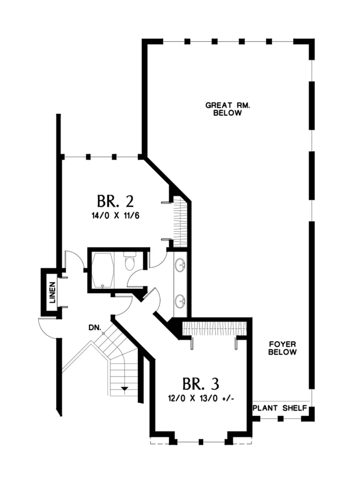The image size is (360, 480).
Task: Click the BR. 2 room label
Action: coord(115,202)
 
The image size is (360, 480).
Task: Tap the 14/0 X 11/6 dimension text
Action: coord(115,216)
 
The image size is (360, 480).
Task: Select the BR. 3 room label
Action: coord(201,384)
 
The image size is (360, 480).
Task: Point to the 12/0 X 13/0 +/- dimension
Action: coord(201,398)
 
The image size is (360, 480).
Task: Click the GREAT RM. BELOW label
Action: coord(227,109)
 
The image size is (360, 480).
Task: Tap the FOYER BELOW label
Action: coord(282,348)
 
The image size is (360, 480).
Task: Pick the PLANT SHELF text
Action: coord(280,408)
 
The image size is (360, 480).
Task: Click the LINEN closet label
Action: coord(52,292)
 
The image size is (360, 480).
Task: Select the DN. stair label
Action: coord(95,328)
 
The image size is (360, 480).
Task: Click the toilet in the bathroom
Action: coord(129,261)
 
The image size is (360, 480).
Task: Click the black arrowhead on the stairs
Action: coord(124,389)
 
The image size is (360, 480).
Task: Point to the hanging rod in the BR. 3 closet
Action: coord(214,328)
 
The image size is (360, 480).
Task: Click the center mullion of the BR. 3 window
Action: coord(201,442)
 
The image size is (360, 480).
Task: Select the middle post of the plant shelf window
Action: coord(280,419)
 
